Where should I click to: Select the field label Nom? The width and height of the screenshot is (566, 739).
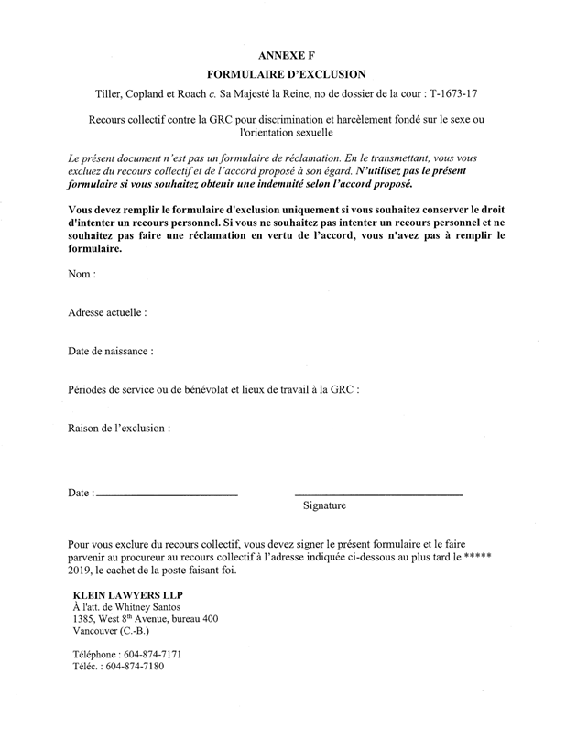click(81, 274)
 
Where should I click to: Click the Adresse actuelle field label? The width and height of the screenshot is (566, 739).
click(107, 312)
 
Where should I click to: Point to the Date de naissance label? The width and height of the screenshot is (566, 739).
click(111, 351)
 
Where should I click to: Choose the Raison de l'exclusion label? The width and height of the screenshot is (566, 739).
click(119, 427)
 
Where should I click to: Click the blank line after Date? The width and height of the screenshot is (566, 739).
click(166, 494)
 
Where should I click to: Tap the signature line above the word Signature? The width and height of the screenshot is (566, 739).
click(377, 494)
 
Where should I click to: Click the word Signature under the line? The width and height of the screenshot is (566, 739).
click(324, 505)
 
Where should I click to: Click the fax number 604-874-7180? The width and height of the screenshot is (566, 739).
click(136, 667)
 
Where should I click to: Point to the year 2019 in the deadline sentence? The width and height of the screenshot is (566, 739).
click(82, 571)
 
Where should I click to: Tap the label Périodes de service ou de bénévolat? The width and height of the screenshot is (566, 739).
click(167, 389)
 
